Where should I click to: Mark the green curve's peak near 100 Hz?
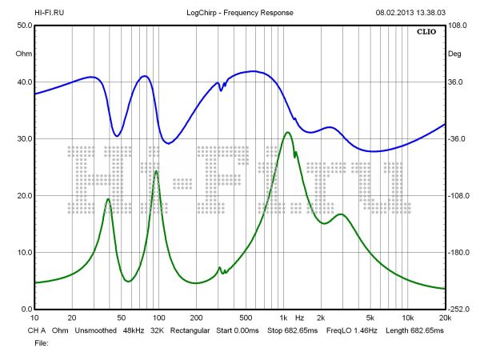click(157, 171)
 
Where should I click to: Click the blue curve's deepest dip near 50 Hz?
click(118, 136)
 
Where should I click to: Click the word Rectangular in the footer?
click(186, 330)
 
